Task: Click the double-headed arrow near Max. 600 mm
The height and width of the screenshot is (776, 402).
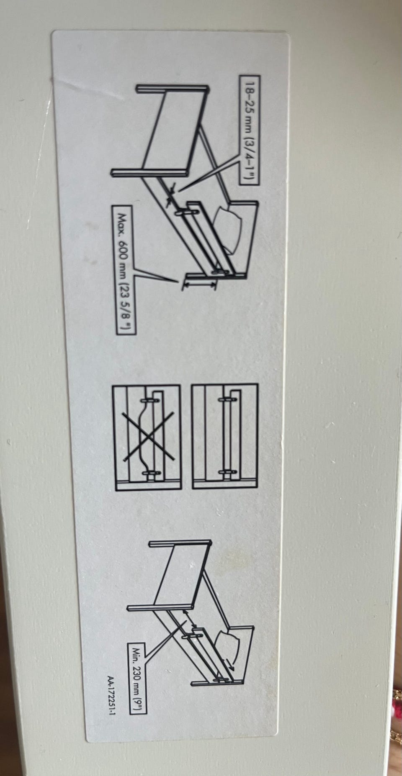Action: (200, 284)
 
